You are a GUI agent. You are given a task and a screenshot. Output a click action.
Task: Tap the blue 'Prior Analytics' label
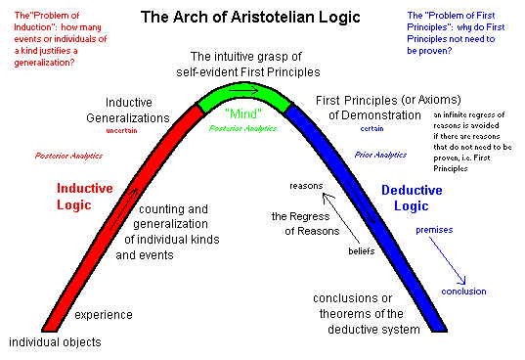(381, 156)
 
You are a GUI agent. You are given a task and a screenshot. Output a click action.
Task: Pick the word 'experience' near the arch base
(104, 315)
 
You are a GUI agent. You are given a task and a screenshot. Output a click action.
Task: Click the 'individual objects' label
(55, 342)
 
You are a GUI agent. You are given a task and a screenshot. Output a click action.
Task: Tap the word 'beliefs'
(362, 250)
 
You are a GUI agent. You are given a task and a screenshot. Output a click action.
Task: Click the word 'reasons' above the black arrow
(306, 185)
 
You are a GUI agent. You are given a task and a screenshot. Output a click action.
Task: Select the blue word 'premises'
(434, 231)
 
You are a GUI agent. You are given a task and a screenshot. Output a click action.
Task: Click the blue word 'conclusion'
(463, 292)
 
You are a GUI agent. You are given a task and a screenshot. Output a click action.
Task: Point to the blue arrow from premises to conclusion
(449, 262)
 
